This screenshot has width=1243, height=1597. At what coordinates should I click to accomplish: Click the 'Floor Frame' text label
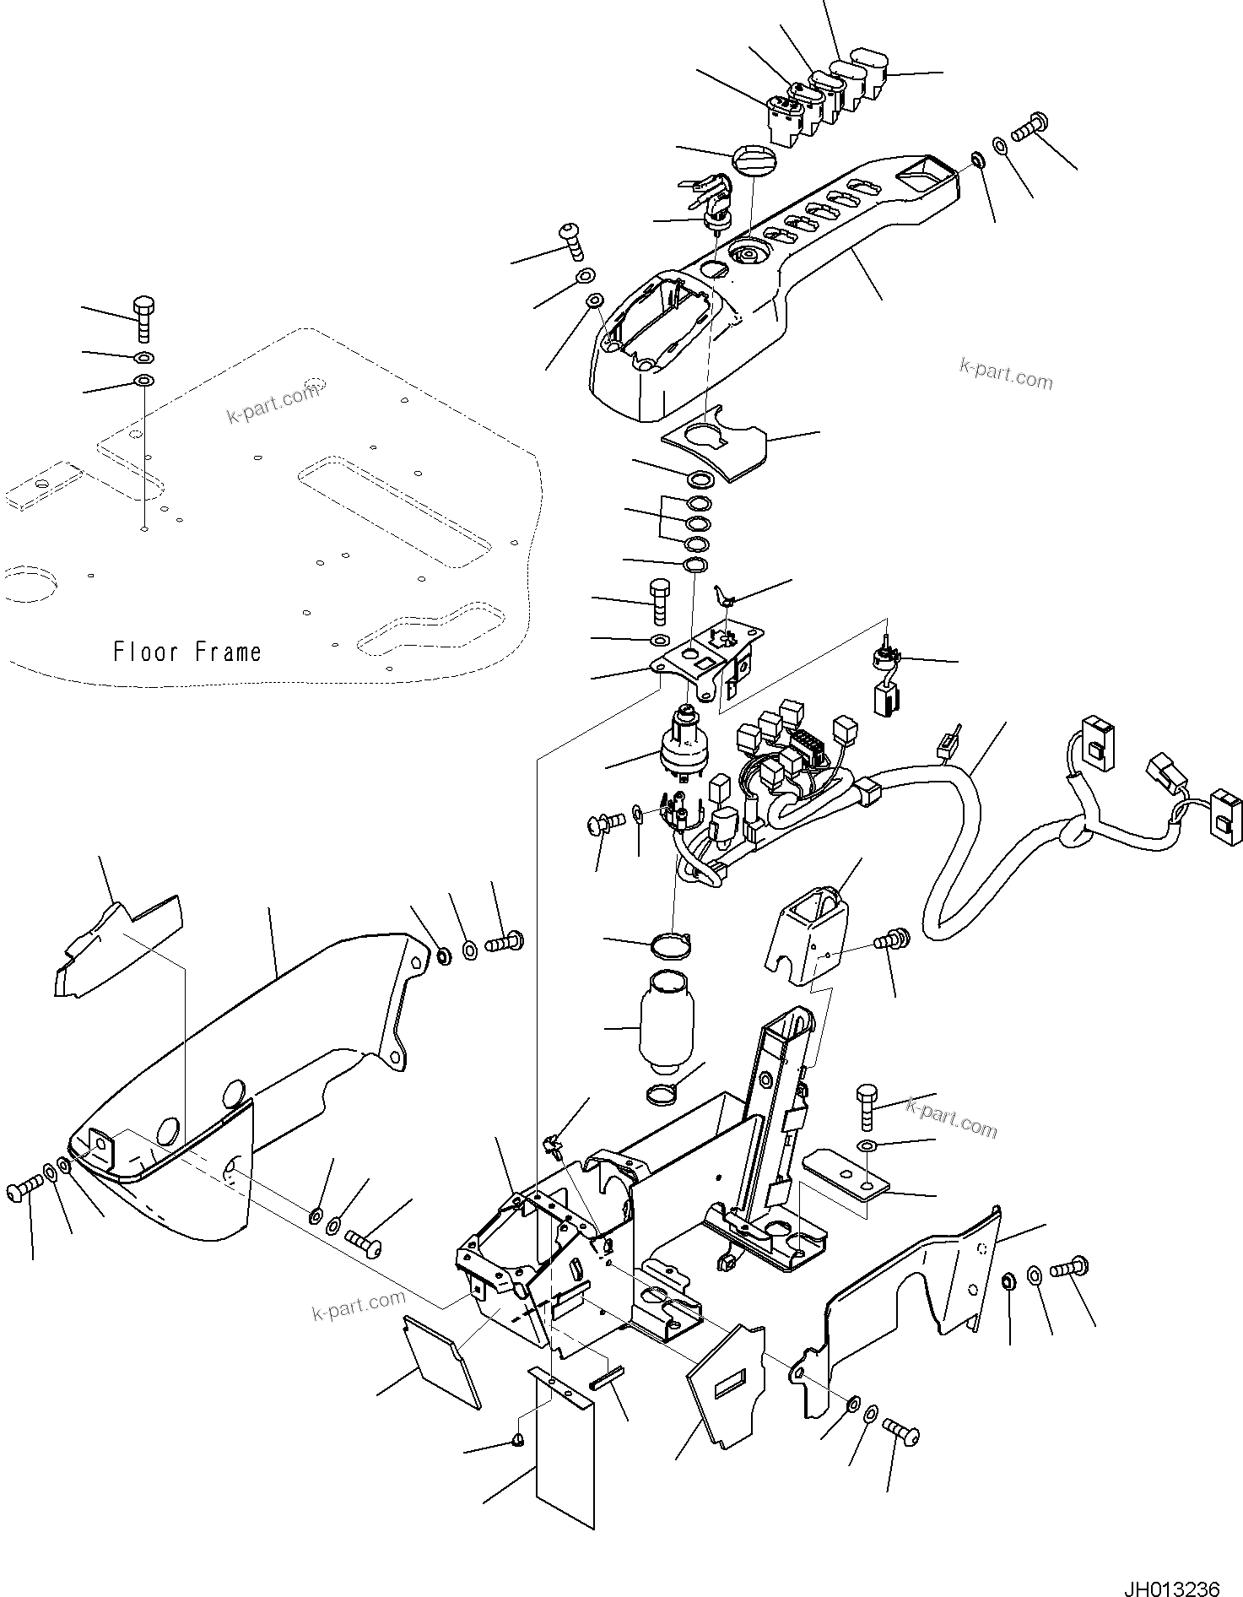coord(187,652)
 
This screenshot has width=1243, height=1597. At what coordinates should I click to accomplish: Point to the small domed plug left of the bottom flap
coord(520,1439)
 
